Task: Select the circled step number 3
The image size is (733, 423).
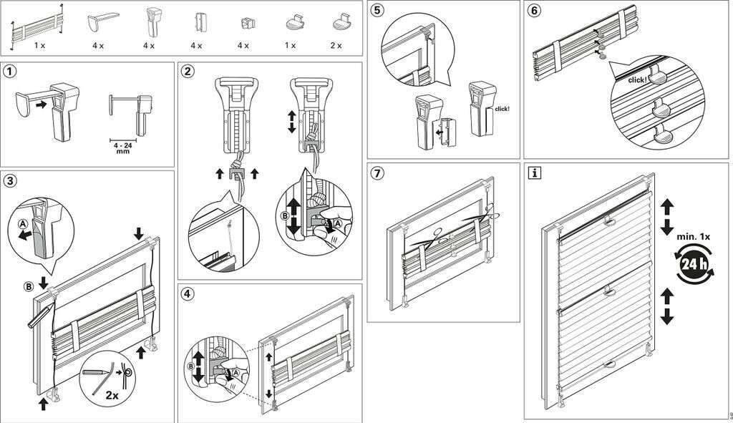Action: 10,180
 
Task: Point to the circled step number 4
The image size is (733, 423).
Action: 188,293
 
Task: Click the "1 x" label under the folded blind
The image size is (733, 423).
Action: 40,45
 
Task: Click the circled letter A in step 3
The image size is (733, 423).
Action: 24,223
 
